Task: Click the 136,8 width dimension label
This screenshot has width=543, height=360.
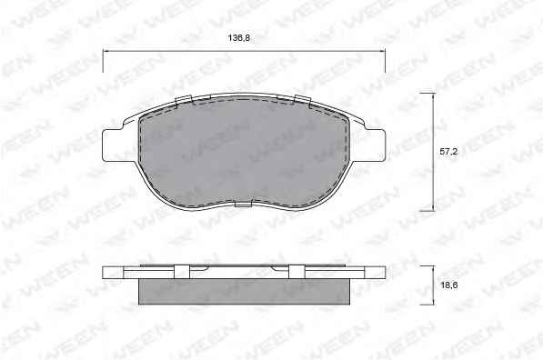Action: [238, 38]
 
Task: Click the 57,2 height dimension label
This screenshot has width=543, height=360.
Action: [448, 151]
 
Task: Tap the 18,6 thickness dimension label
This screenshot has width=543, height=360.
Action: [448, 285]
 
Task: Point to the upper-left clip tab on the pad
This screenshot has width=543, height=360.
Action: [184, 100]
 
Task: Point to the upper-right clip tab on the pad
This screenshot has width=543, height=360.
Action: [302, 99]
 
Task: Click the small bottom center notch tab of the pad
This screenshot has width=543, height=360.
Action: [243, 205]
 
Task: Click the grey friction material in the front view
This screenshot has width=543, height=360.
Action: [244, 153]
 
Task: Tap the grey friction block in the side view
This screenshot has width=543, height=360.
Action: [244, 292]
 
